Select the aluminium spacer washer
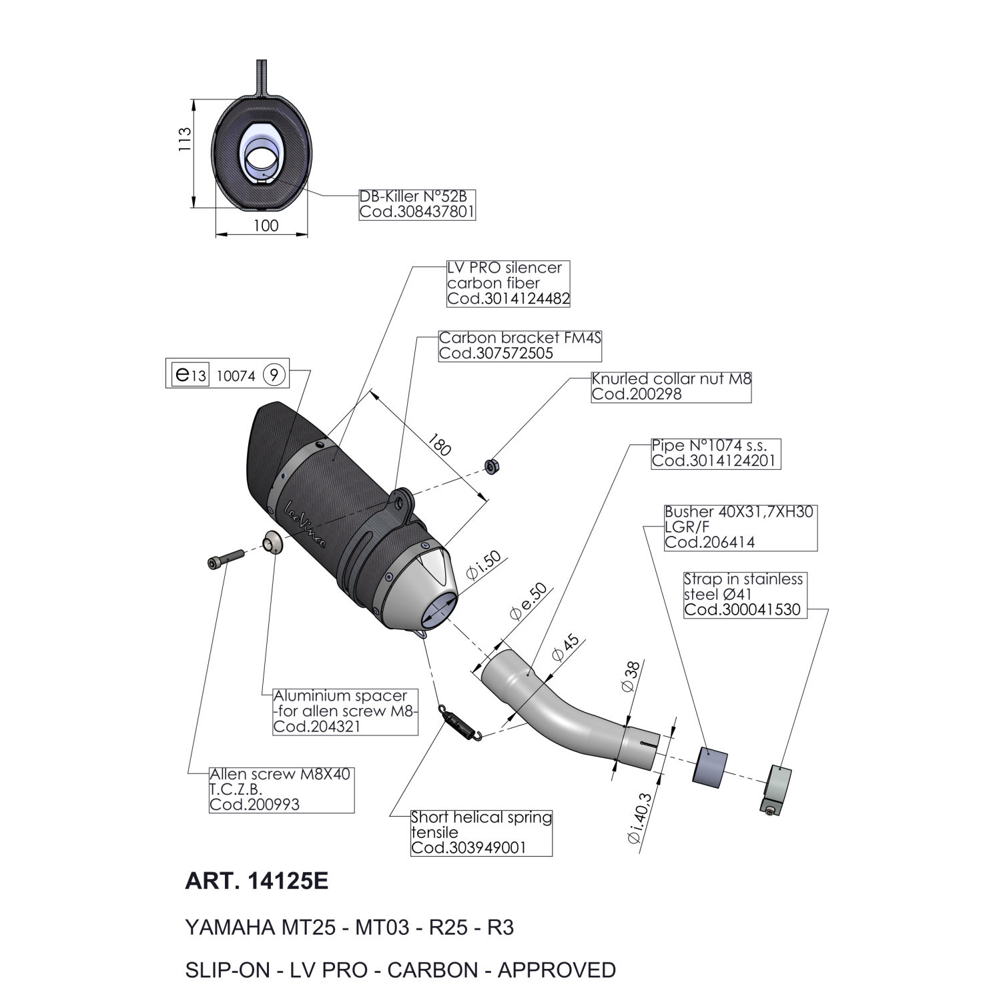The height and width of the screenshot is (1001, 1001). coord(272,542)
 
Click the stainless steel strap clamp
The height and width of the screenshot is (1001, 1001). coord(777,788)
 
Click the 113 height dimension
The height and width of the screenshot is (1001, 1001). coord(186,140)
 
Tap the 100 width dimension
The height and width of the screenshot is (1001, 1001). coord(266,226)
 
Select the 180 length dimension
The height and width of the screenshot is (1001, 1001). coord(439,445)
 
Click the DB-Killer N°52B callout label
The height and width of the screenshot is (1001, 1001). coord(417,204)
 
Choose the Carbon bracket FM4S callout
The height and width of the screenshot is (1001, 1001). coord(520,346)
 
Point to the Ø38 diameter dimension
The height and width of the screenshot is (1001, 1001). coord(633,677)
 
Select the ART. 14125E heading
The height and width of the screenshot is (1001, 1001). coord(256,882)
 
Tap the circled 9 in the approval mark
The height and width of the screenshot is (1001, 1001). coord(274,376)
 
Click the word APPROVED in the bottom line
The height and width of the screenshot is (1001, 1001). coord(557,970)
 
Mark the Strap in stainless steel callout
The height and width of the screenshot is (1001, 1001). coord(745,594)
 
